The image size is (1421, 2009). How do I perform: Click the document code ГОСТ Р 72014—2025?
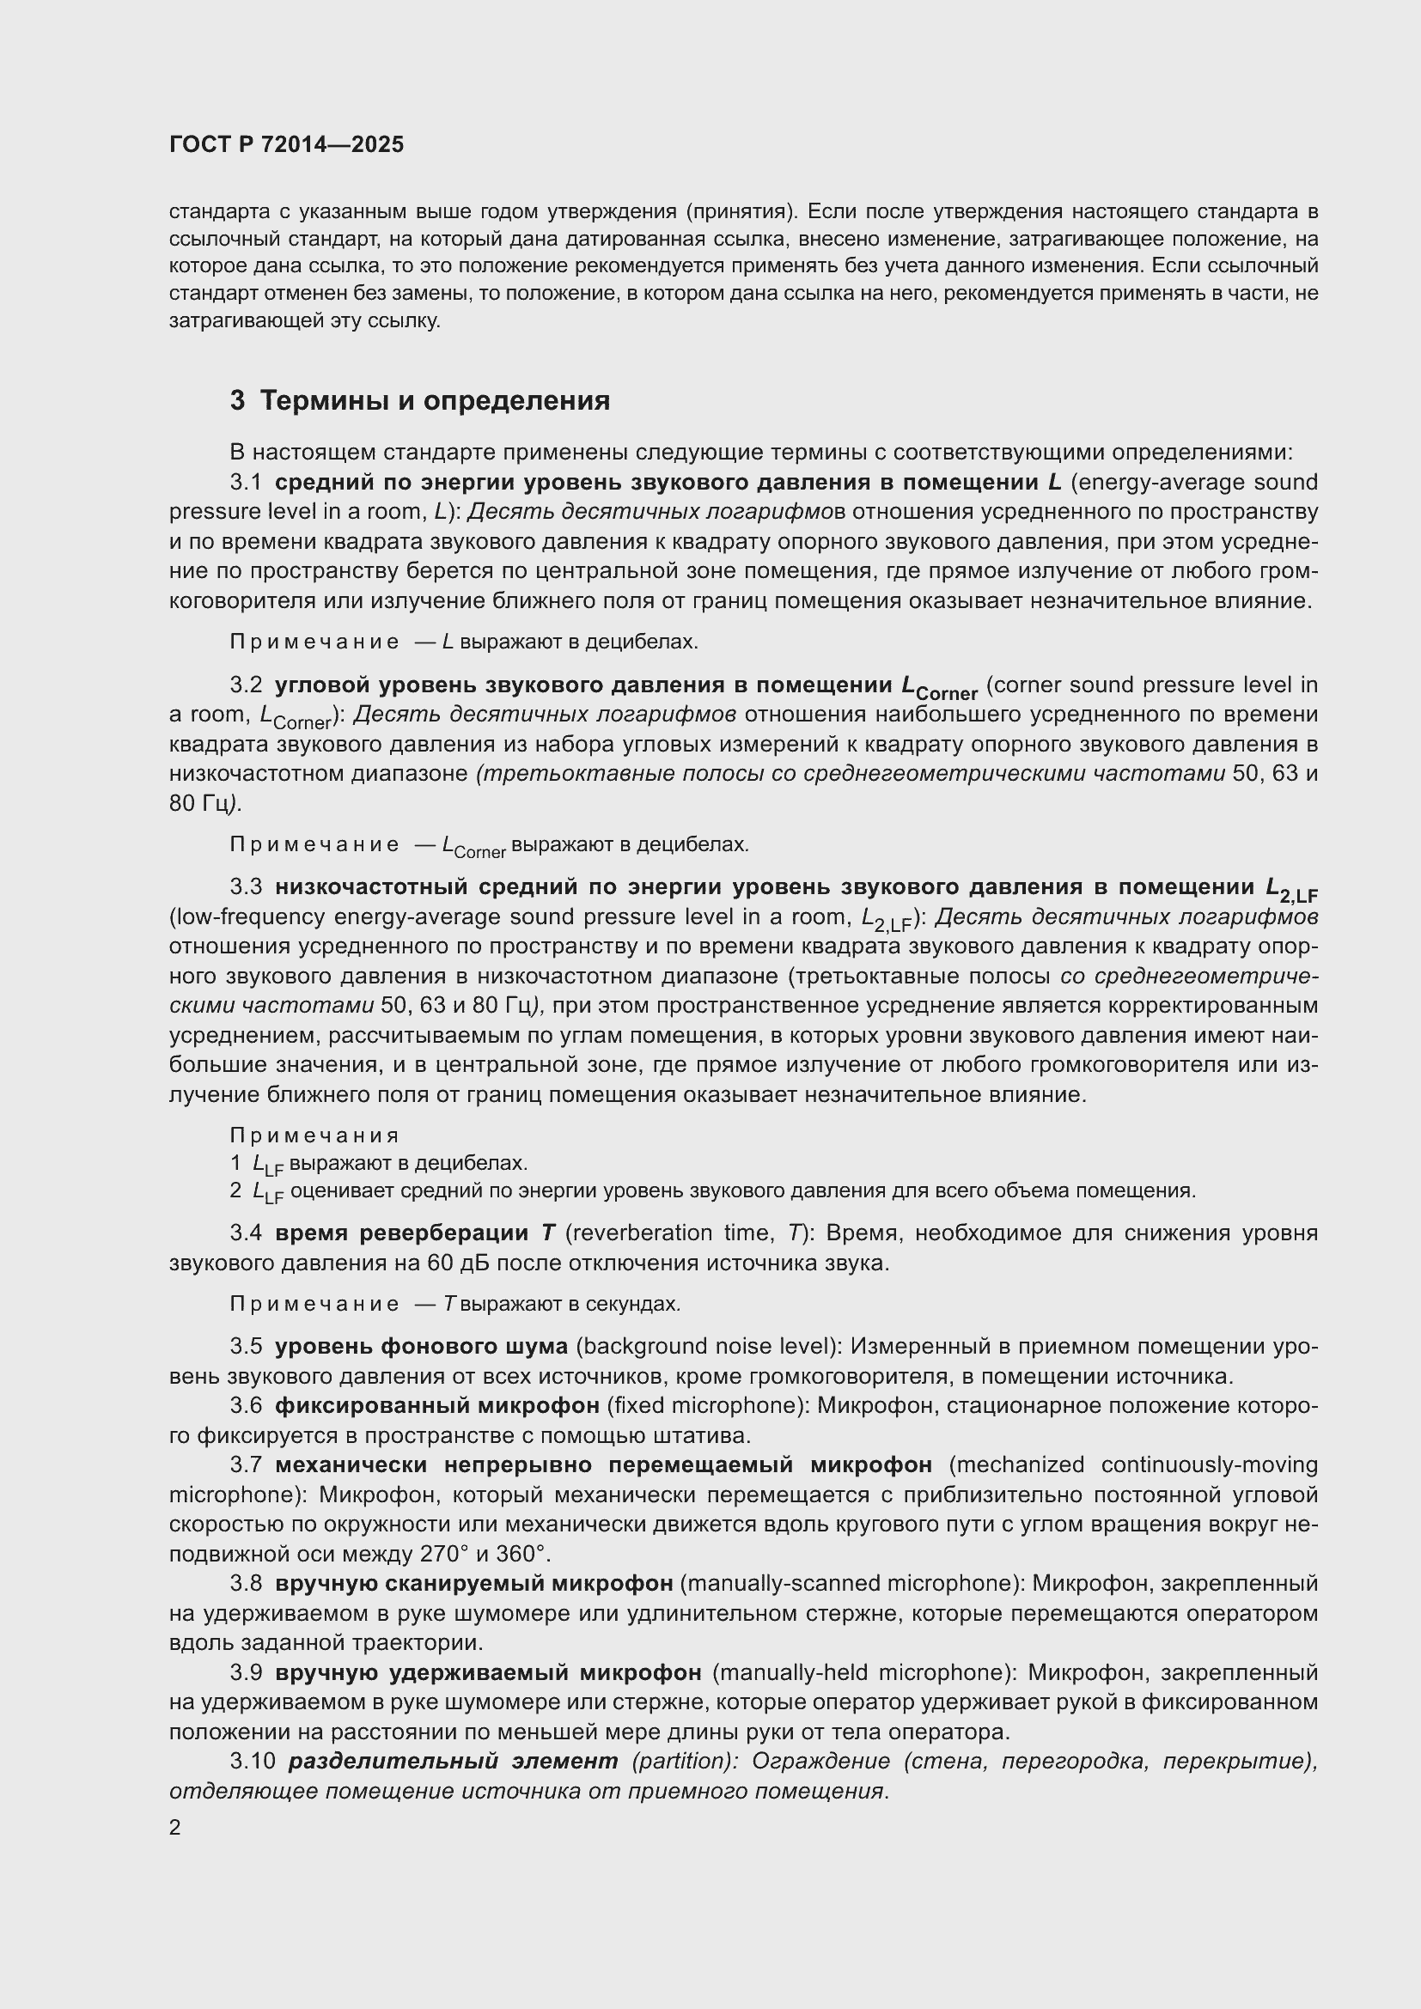click(286, 145)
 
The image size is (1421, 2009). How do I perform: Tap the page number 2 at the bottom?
click(175, 1828)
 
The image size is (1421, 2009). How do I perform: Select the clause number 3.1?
click(246, 482)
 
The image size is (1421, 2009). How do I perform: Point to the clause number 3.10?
click(252, 1761)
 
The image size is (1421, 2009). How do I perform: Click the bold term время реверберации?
click(401, 1233)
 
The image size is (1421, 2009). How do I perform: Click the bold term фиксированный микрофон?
click(436, 1405)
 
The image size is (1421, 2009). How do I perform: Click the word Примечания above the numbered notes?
click(314, 1135)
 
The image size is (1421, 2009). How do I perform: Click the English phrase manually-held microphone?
click(862, 1672)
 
